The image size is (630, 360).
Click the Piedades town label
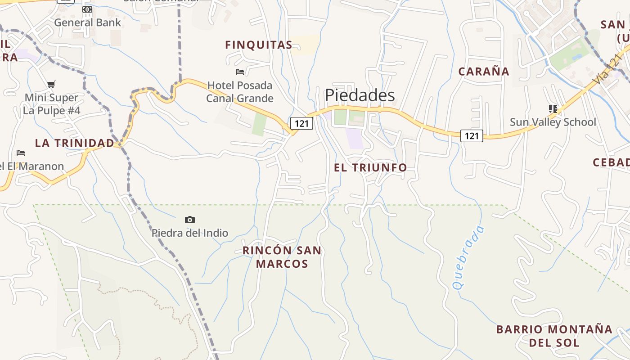(x=360, y=95)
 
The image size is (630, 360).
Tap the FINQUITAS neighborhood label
(x=259, y=45)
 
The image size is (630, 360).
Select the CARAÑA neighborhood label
(x=484, y=72)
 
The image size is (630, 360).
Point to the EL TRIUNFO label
(x=370, y=167)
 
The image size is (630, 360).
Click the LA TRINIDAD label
(x=75, y=143)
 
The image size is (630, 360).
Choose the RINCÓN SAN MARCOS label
(x=282, y=257)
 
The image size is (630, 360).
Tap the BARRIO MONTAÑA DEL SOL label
(x=554, y=336)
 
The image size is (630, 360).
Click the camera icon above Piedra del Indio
(x=190, y=220)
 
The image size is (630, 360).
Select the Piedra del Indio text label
(x=190, y=233)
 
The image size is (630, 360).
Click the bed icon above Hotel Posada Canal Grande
(x=240, y=72)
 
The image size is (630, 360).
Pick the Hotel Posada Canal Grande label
(x=240, y=92)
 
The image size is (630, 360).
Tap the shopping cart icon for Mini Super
(x=51, y=84)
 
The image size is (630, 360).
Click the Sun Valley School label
(x=553, y=122)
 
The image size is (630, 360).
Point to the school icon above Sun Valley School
(x=553, y=108)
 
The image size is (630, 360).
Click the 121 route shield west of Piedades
(x=301, y=123)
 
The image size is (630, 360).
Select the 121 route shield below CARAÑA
(x=472, y=135)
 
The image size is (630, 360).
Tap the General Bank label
(x=87, y=22)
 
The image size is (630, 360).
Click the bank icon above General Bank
(x=87, y=9)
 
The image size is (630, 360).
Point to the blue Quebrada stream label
(x=469, y=257)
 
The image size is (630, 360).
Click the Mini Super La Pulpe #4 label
(x=51, y=104)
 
